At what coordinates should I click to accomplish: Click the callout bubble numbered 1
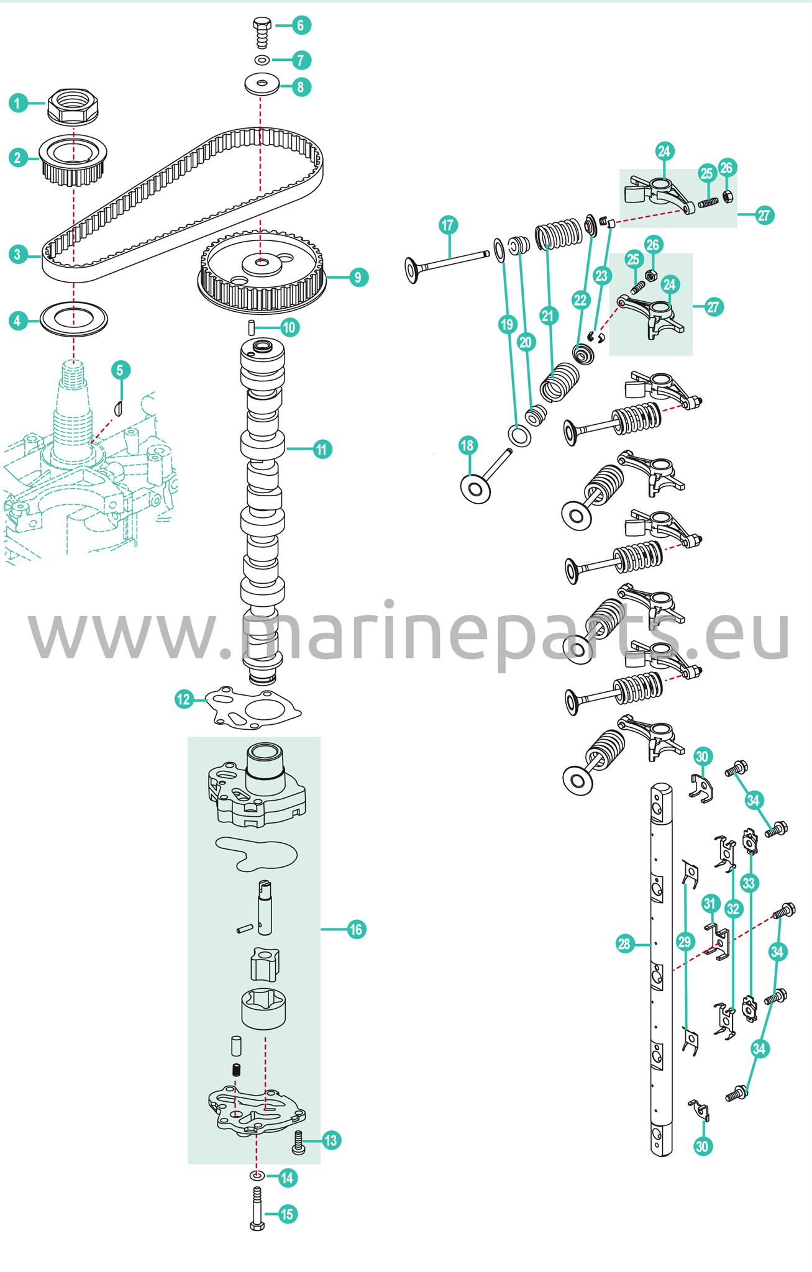(x=18, y=103)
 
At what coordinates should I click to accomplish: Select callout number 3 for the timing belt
(x=18, y=254)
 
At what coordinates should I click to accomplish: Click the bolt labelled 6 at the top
(x=262, y=33)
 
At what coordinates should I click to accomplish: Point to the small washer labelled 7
(x=262, y=60)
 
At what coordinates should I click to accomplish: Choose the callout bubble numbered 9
(x=358, y=277)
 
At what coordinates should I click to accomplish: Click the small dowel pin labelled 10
(x=252, y=327)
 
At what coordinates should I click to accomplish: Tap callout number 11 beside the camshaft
(x=321, y=449)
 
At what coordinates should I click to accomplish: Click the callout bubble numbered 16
(x=356, y=929)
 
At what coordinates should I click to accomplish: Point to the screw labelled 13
(x=298, y=1142)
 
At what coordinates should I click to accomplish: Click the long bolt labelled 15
(x=257, y=1208)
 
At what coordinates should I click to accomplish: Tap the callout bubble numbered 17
(x=448, y=225)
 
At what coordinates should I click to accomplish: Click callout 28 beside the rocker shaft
(x=624, y=944)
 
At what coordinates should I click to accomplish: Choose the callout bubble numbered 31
(x=711, y=904)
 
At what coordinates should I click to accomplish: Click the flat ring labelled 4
(x=74, y=319)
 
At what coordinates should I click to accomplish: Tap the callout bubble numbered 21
(x=547, y=316)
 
